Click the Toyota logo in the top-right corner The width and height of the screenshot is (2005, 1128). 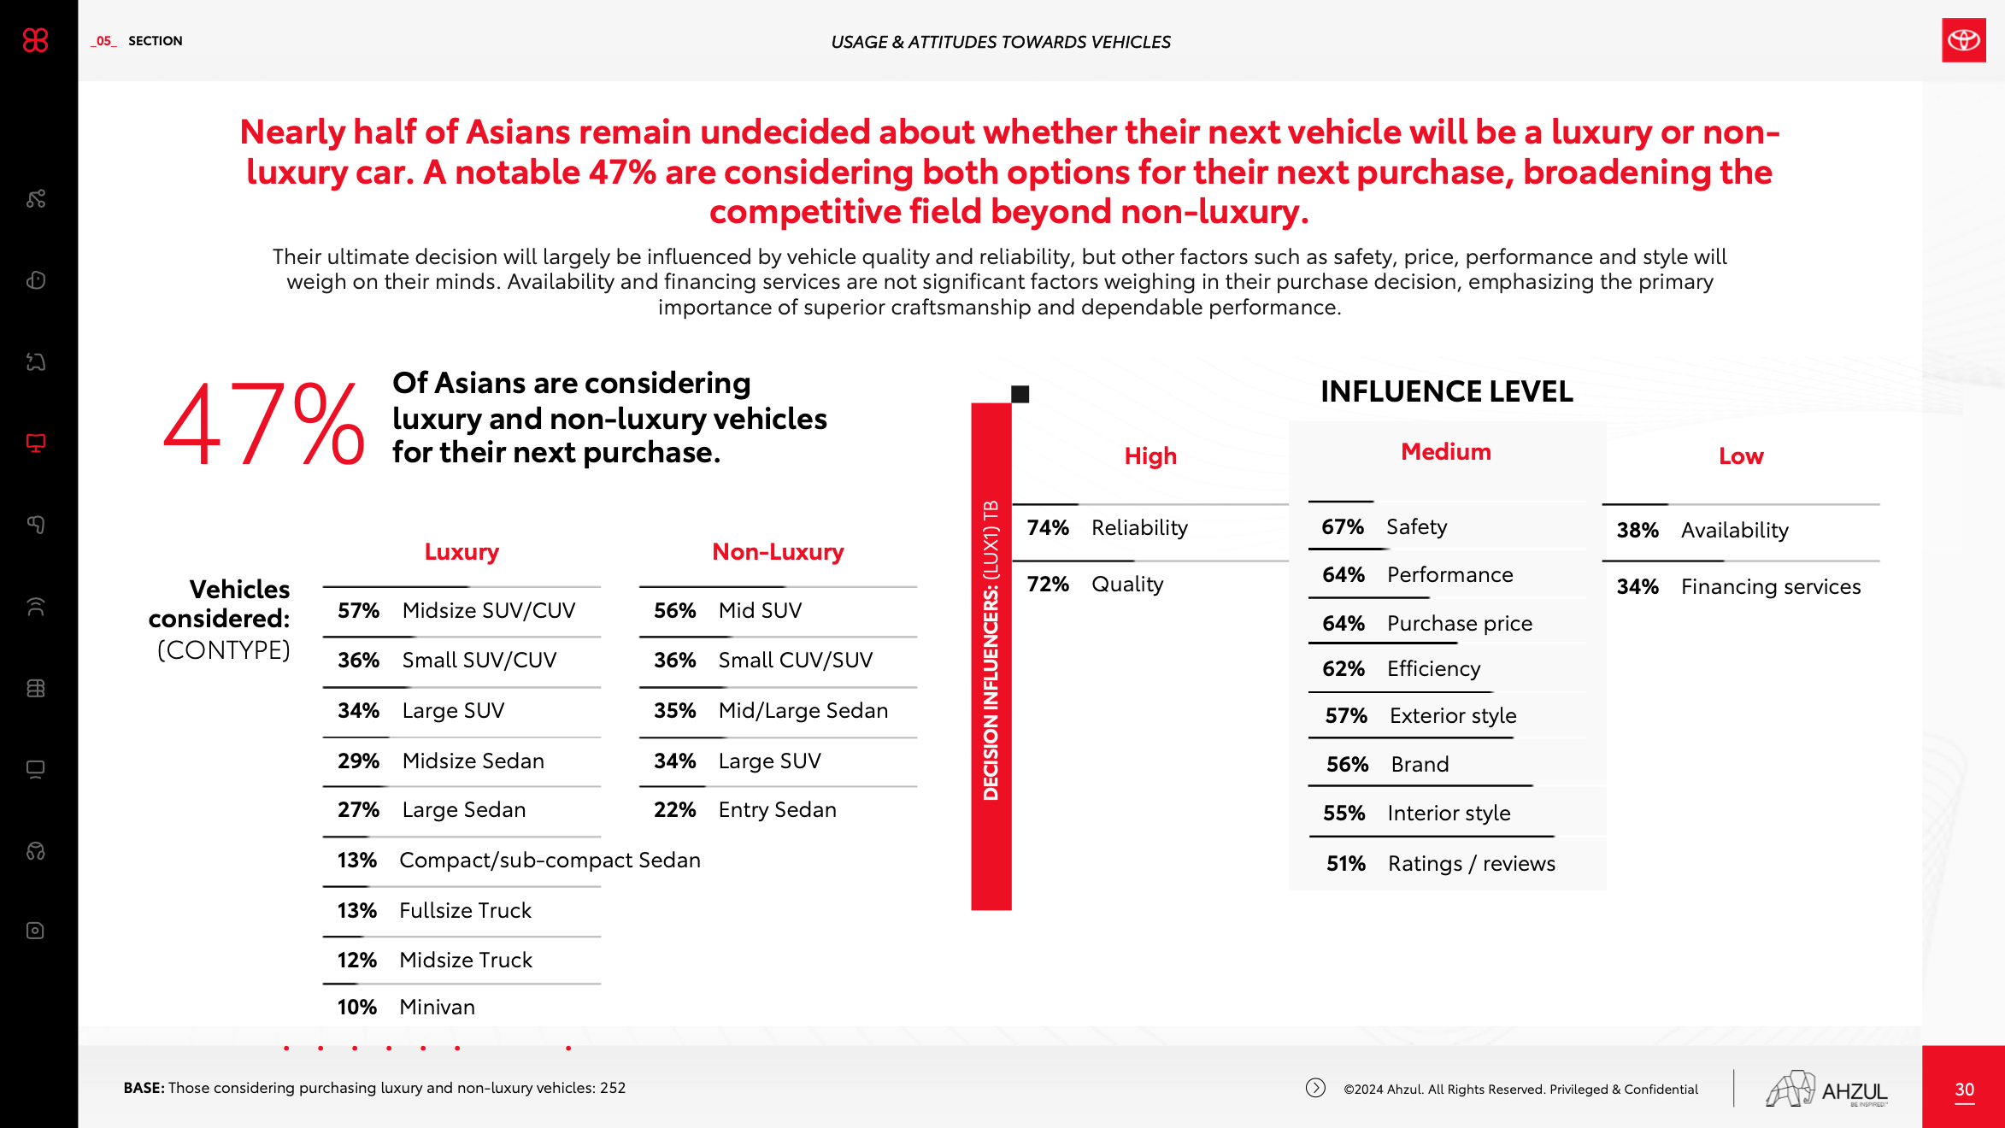(1963, 40)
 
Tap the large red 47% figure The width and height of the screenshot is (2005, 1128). (264, 424)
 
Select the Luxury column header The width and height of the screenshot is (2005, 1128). (462, 552)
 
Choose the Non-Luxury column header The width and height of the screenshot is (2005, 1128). (778, 552)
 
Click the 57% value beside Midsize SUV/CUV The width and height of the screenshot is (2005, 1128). (358, 611)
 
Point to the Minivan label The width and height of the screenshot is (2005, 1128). (437, 1008)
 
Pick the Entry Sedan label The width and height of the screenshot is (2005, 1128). (777, 810)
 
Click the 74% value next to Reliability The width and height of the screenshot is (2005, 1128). (1048, 528)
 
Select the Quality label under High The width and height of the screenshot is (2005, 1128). (1127, 585)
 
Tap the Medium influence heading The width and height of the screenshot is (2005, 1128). (1446, 452)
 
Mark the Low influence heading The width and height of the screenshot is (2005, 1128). (1741, 456)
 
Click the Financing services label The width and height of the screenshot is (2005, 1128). (1771, 587)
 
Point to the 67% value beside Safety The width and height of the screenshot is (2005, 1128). (1343, 527)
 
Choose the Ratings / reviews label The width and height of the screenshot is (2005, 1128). (1471, 864)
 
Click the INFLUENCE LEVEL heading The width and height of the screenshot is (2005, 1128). (1446, 392)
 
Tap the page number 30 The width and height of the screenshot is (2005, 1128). (1964, 1090)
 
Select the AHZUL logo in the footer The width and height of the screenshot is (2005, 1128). (1827, 1089)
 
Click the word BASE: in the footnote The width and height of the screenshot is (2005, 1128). (144, 1088)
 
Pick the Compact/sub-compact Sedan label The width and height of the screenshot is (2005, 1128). (550, 861)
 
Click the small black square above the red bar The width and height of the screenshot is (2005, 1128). (1020, 394)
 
